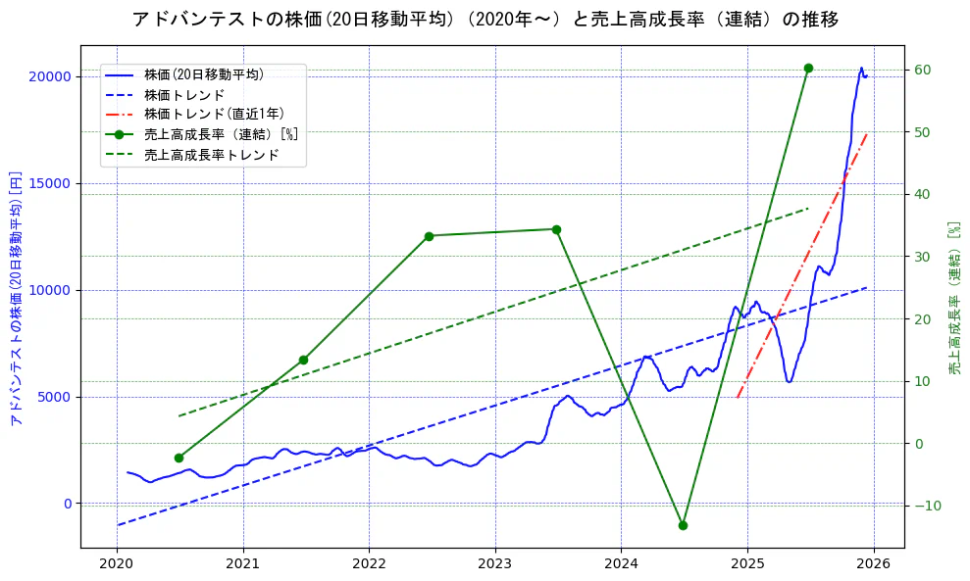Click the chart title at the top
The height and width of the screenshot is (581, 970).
(x=485, y=20)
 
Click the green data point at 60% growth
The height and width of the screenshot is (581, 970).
(x=808, y=69)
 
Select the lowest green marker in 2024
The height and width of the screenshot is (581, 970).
(x=683, y=525)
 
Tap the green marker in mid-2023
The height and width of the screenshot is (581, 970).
(x=556, y=229)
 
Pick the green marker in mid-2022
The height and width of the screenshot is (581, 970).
(x=429, y=236)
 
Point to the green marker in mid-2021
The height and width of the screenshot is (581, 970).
(x=303, y=360)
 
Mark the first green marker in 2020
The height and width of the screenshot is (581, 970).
(x=179, y=458)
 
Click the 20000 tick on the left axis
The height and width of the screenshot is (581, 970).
(x=50, y=76)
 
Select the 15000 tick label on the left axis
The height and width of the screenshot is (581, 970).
(x=50, y=183)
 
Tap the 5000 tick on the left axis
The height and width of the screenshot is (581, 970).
(x=54, y=397)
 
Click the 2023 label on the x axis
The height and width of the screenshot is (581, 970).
(x=495, y=565)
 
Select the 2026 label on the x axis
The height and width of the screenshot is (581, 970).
(x=873, y=565)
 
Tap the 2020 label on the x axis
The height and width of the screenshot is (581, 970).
(x=117, y=565)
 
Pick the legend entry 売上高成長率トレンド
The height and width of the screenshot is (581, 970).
(x=211, y=155)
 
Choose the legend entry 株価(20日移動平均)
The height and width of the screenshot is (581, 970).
(x=203, y=73)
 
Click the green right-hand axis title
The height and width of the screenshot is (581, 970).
(x=953, y=297)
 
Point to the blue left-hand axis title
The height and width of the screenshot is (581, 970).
(x=16, y=297)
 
